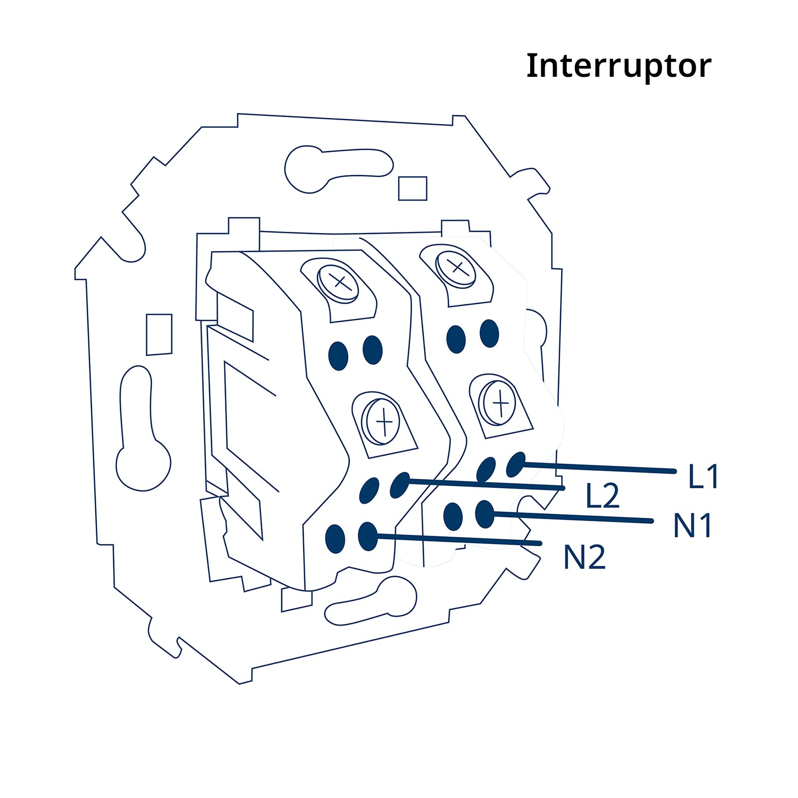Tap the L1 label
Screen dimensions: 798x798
(x=704, y=476)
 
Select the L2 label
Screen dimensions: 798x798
(x=602, y=496)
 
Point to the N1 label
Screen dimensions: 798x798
(x=693, y=525)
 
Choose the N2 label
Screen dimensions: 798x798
(x=585, y=557)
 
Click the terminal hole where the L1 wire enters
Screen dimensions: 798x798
(x=516, y=465)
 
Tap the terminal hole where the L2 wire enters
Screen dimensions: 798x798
(x=399, y=485)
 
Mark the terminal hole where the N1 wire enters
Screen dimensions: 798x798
(x=484, y=514)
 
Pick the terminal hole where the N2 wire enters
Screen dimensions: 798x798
(x=368, y=537)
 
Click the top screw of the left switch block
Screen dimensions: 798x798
(x=338, y=283)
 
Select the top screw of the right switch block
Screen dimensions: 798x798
(x=456, y=268)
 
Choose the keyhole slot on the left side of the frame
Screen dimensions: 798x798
(x=142, y=428)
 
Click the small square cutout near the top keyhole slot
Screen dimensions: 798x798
(x=412, y=189)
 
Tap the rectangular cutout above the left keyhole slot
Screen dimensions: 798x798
(x=159, y=334)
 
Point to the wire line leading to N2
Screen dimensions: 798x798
(x=459, y=540)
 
